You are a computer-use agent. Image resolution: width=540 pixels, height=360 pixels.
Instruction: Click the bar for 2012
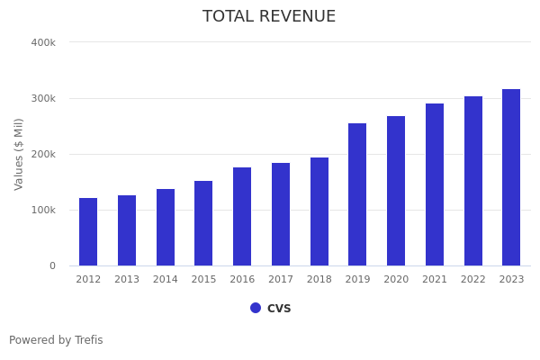(88, 232)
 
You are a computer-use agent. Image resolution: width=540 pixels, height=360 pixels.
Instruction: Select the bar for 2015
(203, 223)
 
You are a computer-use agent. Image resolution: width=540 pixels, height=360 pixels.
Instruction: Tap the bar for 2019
(357, 194)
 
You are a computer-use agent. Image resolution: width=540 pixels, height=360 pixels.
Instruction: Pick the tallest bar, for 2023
(511, 177)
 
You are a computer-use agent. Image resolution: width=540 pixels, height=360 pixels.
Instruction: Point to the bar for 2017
(281, 214)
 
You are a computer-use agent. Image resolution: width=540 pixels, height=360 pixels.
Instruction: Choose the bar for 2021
(435, 184)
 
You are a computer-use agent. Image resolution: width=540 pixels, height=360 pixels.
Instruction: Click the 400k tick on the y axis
(43, 42)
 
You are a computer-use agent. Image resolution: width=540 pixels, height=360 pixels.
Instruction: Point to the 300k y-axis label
(43, 98)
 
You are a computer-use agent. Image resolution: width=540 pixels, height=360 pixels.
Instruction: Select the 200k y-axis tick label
(43, 154)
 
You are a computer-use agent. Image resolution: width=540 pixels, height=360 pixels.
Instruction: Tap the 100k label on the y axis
(43, 210)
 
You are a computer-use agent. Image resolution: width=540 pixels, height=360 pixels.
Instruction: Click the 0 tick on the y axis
(52, 265)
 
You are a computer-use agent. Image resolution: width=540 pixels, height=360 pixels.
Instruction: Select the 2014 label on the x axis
(166, 280)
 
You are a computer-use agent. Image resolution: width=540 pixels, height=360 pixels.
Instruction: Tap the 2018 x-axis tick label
(319, 280)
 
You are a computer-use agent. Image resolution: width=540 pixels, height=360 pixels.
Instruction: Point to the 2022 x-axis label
(473, 280)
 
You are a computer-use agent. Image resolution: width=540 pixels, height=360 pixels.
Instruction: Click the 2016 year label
(242, 280)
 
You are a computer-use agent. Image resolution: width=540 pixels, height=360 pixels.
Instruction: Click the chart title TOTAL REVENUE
(269, 17)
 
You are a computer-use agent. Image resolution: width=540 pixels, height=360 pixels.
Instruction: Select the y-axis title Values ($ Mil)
(20, 154)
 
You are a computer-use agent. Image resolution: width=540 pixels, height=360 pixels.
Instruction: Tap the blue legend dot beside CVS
(256, 308)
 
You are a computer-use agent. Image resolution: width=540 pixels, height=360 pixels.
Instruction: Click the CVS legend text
(279, 308)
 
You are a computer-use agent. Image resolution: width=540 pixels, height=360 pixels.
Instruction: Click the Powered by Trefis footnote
(56, 340)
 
